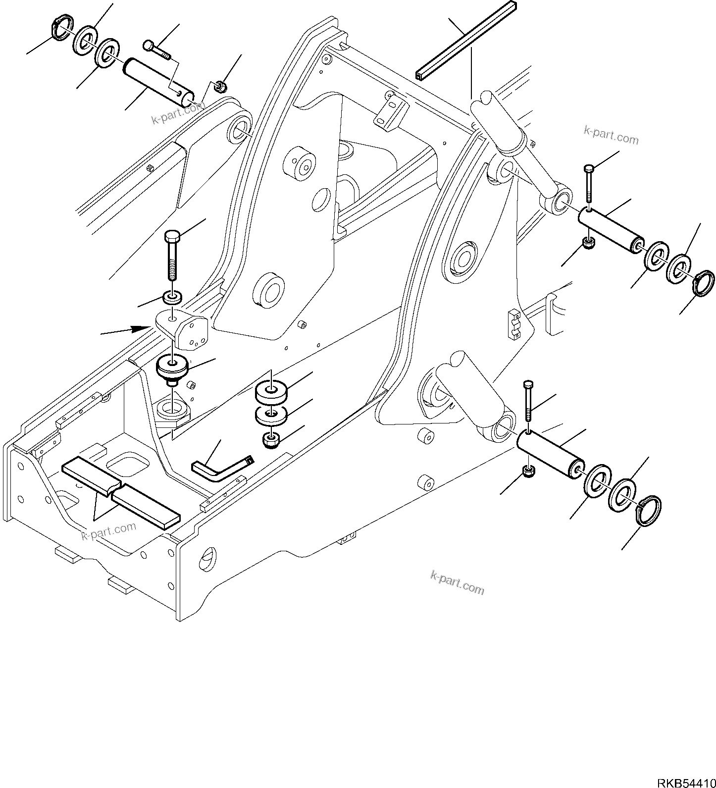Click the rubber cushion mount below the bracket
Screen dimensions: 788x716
pos(171,368)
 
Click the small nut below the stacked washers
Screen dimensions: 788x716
pos(271,440)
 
